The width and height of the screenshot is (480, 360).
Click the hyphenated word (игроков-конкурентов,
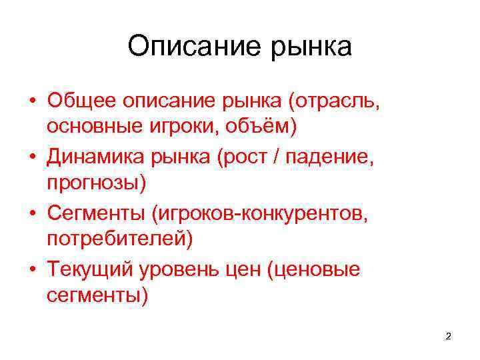[259, 213]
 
